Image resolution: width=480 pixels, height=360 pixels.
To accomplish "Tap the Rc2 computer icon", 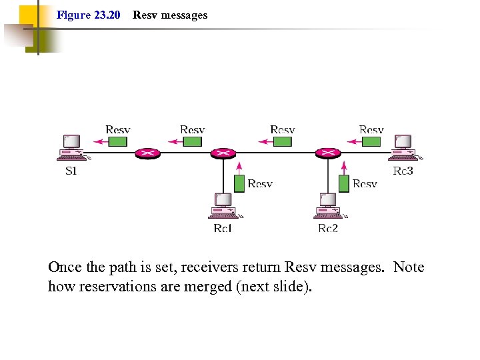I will [x=328, y=205].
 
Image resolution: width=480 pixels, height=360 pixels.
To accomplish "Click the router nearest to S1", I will [x=147, y=153].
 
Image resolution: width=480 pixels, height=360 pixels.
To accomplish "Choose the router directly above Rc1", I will [x=223, y=153].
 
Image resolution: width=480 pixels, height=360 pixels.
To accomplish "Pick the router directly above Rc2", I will [x=328, y=153].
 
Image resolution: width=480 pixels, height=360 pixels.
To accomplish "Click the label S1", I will [x=71, y=171].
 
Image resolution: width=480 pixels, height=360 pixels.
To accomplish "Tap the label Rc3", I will [x=403, y=171].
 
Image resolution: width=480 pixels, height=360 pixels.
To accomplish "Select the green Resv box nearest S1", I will [x=118, y=141].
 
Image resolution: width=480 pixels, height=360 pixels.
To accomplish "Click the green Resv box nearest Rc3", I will [x=371, y=141].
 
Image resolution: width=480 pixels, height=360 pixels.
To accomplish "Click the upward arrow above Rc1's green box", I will [x=239, y=167].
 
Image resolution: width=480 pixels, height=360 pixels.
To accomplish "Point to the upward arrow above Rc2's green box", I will [x=344, y=167].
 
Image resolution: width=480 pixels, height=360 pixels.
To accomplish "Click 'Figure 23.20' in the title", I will [x=88, y=15].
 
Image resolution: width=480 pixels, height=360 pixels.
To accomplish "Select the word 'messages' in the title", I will [x=183, y=15].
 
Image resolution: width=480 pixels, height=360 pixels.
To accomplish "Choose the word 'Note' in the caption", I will [x=409, y=267].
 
